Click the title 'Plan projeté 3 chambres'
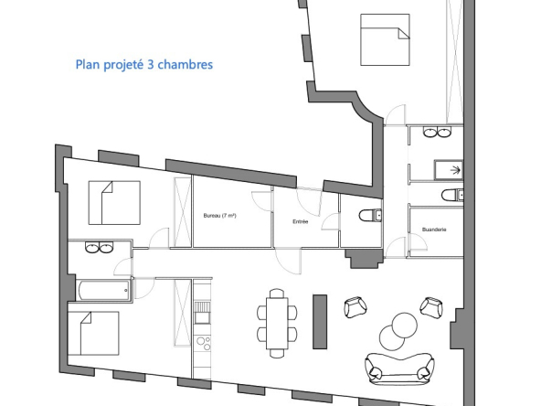point(143,65)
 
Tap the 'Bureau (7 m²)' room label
point(219,216)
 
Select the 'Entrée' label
point(300,221)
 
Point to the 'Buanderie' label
point(434,230)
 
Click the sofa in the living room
point(399,369)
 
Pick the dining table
point(277,324)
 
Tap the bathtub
point(103,291)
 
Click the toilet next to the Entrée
point(370,216)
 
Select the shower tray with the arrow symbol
point(448,169)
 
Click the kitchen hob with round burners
point(203,344)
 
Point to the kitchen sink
point(203,313)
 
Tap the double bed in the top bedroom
point(385,39)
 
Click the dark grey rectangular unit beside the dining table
point(320,322)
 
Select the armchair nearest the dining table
point(355,307)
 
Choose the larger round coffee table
point(404,325)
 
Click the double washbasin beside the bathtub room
point(100,247)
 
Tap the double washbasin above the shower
point(437,132)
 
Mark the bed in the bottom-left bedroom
point(93,334)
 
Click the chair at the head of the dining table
point(277,294)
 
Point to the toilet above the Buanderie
point(452,196)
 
